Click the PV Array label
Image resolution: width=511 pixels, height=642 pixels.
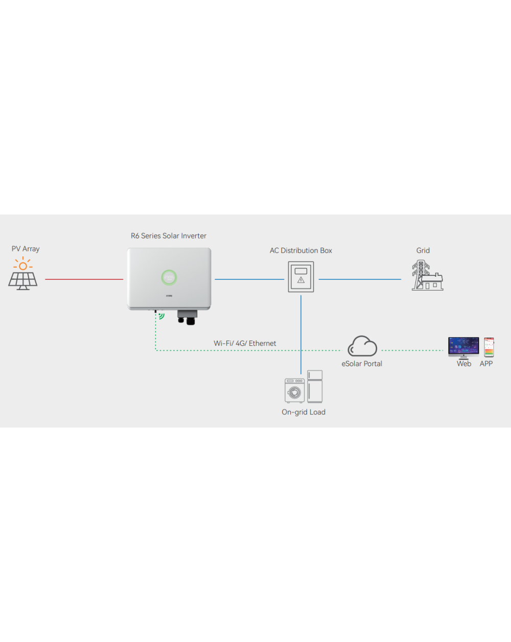pyautogui.click(x=26, y=249)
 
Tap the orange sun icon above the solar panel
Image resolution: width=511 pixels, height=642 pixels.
pyautogui.click(x=23, y=265)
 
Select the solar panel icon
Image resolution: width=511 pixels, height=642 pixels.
pyautogui.click(x=23, y=280)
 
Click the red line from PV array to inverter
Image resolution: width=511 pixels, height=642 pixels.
pyautogui.click(x=84, y=279)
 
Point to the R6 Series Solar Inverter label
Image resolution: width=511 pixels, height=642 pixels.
pyautogui.click(x=169, y=236)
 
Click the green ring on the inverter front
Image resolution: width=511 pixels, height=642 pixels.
pyautogui.click(x=169, y=277)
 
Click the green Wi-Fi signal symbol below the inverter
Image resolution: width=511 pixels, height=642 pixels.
pyautogui.click(x=161, y=316)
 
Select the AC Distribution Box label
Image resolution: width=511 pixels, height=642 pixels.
pyautogui.click(x=301, y=251)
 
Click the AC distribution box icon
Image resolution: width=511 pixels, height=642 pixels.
pyautogui.click(x=301, y=277)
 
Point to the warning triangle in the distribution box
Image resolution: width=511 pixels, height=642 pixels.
pyautogui.click(x=301, y=280)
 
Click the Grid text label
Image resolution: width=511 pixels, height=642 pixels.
pyautogui.click(x=423, y=251)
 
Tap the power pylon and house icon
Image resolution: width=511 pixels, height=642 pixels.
pyautogui.click(x=427, y=276)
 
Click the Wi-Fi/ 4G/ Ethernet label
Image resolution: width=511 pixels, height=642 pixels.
pyautogui.click(x=245, y=343)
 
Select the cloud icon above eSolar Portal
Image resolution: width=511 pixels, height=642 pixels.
pyautogui.click(x=362, y=346)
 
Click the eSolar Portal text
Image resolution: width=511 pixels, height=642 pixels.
pyautogui.click(x=362, y=364)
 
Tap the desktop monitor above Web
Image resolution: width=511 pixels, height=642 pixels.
pyautogui.click(x=463, y=347)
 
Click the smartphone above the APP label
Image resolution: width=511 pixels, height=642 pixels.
pyautogui.click(x=489, y=347)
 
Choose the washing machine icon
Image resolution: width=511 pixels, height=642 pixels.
pyautogui.click(x=294, y=391)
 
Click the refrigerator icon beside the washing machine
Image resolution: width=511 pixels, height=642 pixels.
pyautogui.click(x=315, y=386)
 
